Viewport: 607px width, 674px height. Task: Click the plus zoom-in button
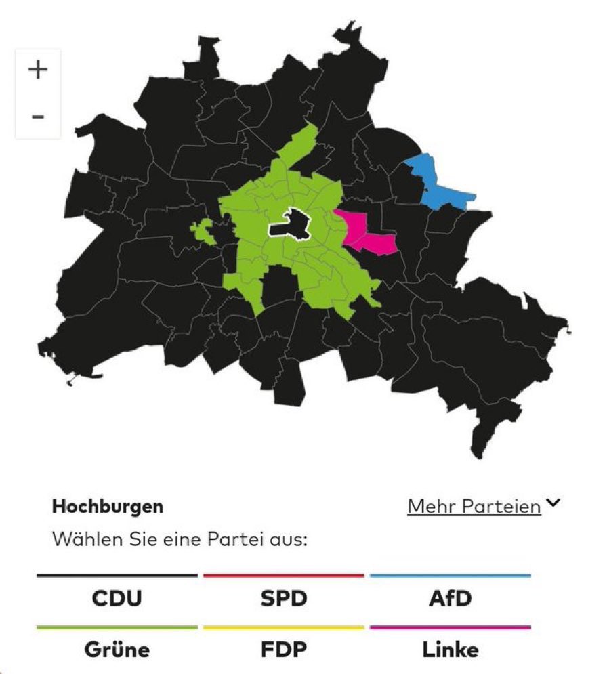click(38, 70)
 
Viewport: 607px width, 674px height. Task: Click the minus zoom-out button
click(38, 117)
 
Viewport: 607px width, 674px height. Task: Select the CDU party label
click(117, 599)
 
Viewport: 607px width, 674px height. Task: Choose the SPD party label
click(283, 599)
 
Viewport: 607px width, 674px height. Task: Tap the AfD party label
click(450, 599)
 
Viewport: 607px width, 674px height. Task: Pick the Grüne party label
click(117, 650)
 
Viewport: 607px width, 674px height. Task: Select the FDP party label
click(283, 650)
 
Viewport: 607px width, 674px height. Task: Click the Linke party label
click(450, 650)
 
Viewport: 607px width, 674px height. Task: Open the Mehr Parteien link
click(474, 506)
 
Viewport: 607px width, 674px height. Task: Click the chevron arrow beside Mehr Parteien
click(553, 503)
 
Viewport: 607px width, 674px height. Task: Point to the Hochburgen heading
click(108, 507)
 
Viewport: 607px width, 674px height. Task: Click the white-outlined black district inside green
click(290, 223)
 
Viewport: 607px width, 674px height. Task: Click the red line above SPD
click(283, 576)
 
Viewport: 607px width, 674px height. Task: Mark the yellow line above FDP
click(283, 627)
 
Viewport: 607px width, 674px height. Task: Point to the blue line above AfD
click(450, 576)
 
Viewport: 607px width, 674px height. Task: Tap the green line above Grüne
click(117, 627)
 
